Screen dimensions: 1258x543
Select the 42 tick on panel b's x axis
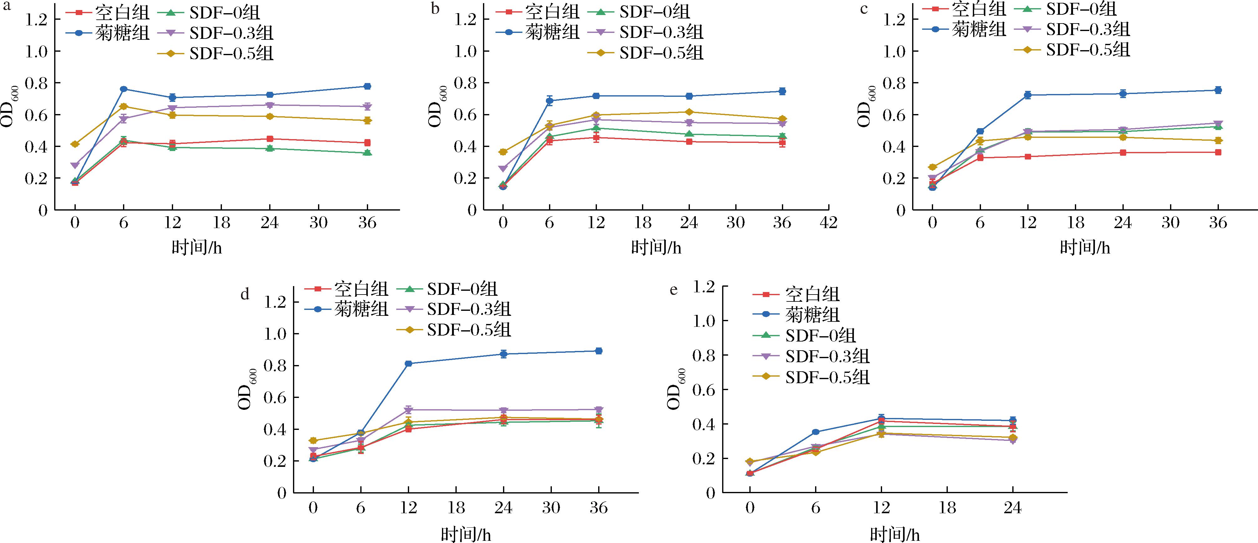pyautogui.click(x=828, y=223)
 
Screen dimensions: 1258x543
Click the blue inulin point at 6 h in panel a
pyautogui.click(x=124, y=89)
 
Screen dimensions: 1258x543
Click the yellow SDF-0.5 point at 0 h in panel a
pyautogui.click(x=75, y=144)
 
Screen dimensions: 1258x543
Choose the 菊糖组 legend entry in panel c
pyautogui.click(x=964, y=29)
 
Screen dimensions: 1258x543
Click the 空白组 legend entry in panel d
pyautogui.click(x=347, y=289)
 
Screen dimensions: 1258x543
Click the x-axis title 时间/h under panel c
pyautogui.click(x=1085, y=248)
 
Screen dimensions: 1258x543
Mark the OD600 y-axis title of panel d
pyautogui.click(x=247, y=389)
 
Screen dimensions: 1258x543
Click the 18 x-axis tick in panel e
pyautogui.click(x=947, y=508)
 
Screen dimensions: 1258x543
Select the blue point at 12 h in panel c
pyautogui.click(x=1028, y=95)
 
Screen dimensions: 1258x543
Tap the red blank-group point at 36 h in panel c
pyautogui.click(x=1218, y=153)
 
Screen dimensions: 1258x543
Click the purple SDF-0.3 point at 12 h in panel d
pyautogui.click(x=408, y=410)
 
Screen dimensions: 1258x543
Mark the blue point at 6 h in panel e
pyautogui.click(x=815, y=432)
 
